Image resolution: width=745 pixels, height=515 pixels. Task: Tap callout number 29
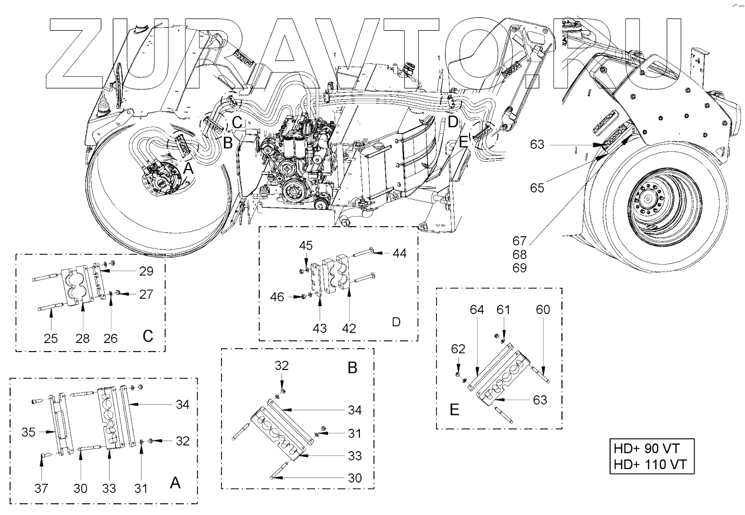tap(146, 271)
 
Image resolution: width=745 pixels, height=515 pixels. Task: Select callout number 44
tap(399, 253)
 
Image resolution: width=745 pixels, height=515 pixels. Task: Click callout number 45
tap(305, 246)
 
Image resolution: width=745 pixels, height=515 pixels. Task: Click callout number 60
tap(542, 309)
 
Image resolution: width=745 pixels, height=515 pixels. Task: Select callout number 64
tap(477, 309)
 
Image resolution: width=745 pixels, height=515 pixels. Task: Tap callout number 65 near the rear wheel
tap(537, 188)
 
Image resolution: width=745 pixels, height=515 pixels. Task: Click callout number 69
tap(519, 268)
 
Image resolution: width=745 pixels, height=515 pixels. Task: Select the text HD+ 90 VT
tap(649, 448)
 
